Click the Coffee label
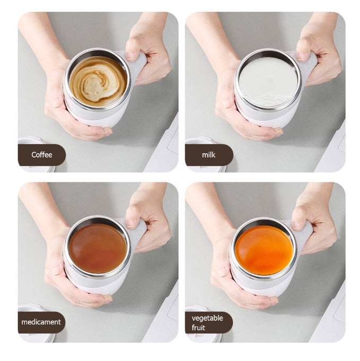[42, 155]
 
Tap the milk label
[208, 155]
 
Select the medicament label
[42, 322]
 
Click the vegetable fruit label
[208, 322]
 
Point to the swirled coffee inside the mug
[98, 81]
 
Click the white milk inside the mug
[268, 82]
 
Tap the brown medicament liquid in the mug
[98, 248]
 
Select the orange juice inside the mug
[264, 250]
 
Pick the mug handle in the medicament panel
[139, 232]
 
